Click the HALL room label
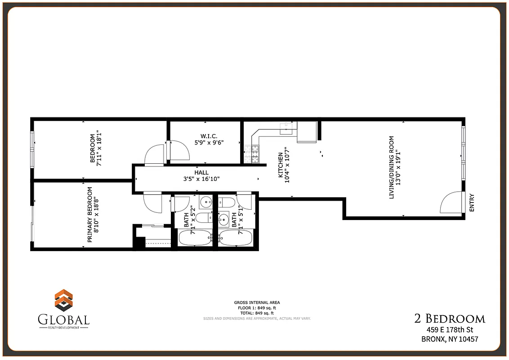(x=201, y=172)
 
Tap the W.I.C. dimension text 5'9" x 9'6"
(x=209, y=142)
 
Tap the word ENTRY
(x=472, y=203)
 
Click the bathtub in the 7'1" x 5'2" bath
(x=195, y=238)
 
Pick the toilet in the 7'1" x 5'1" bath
(x=225, y=203)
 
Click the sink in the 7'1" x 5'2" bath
(x=206, y=202)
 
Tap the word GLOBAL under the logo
(x=63, y=320)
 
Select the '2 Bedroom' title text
(x=449, y=319)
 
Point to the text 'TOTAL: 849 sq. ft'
(x=256, y=313)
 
